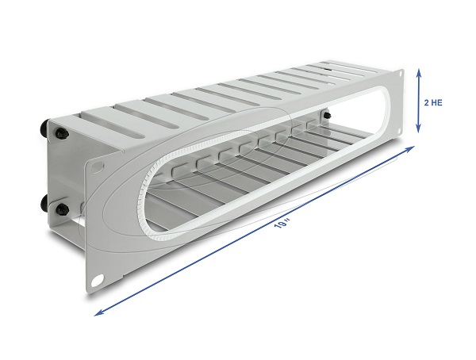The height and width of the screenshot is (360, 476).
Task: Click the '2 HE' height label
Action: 433,102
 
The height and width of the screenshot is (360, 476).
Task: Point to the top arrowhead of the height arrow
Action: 419,73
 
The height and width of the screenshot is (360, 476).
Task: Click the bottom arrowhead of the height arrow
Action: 419,128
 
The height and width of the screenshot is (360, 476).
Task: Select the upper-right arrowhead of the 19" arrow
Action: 411,148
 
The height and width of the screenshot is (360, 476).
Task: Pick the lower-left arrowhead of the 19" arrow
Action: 98,313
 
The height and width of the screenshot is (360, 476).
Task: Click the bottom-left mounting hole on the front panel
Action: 98,279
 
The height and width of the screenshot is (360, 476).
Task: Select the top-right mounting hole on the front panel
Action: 401,74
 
